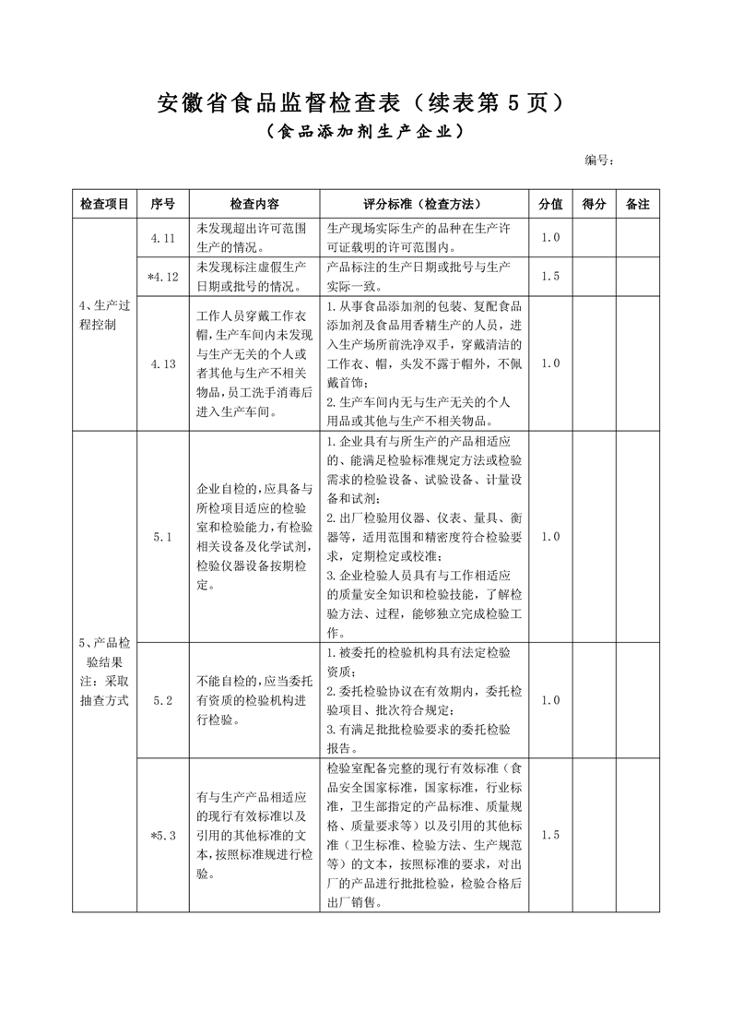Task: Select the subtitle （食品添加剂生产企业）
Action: pyautogui.click(x=364, y=133)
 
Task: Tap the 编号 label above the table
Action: pyautogui.click(x=599, y=161)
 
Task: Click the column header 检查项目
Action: pyautogui.click(x=104, y=204)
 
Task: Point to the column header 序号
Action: pyautogui.click(x=162, y=204)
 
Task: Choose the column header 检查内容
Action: pyautogui.click(x=254, y=204)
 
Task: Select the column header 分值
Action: pyautogui.click(x=550, y=204)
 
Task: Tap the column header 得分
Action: pyautogui.click(x=595, y=204)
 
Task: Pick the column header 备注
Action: pyautogui.click(x=638, y=204)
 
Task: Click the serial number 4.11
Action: pyautogui.click(x=162, y=238)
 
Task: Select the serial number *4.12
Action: pyautogui.click(x=162, y=276)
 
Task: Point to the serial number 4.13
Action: pyautogui.click(x=162, y=363)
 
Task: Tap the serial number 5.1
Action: pyautogui.click(x=162, y=536)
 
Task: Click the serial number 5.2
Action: pyautogui.click(x=162, y=700)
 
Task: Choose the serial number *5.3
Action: pyautogui.click(x=162, y=836)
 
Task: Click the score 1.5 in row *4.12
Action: pyautogui.click(x=550, y=276)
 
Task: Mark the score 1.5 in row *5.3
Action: pyautogui.click(x=550, y=836)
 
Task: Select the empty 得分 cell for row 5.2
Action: pyautogui.click(x=595, y=700)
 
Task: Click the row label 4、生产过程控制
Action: pyautogui.click(x=104, y=315)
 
